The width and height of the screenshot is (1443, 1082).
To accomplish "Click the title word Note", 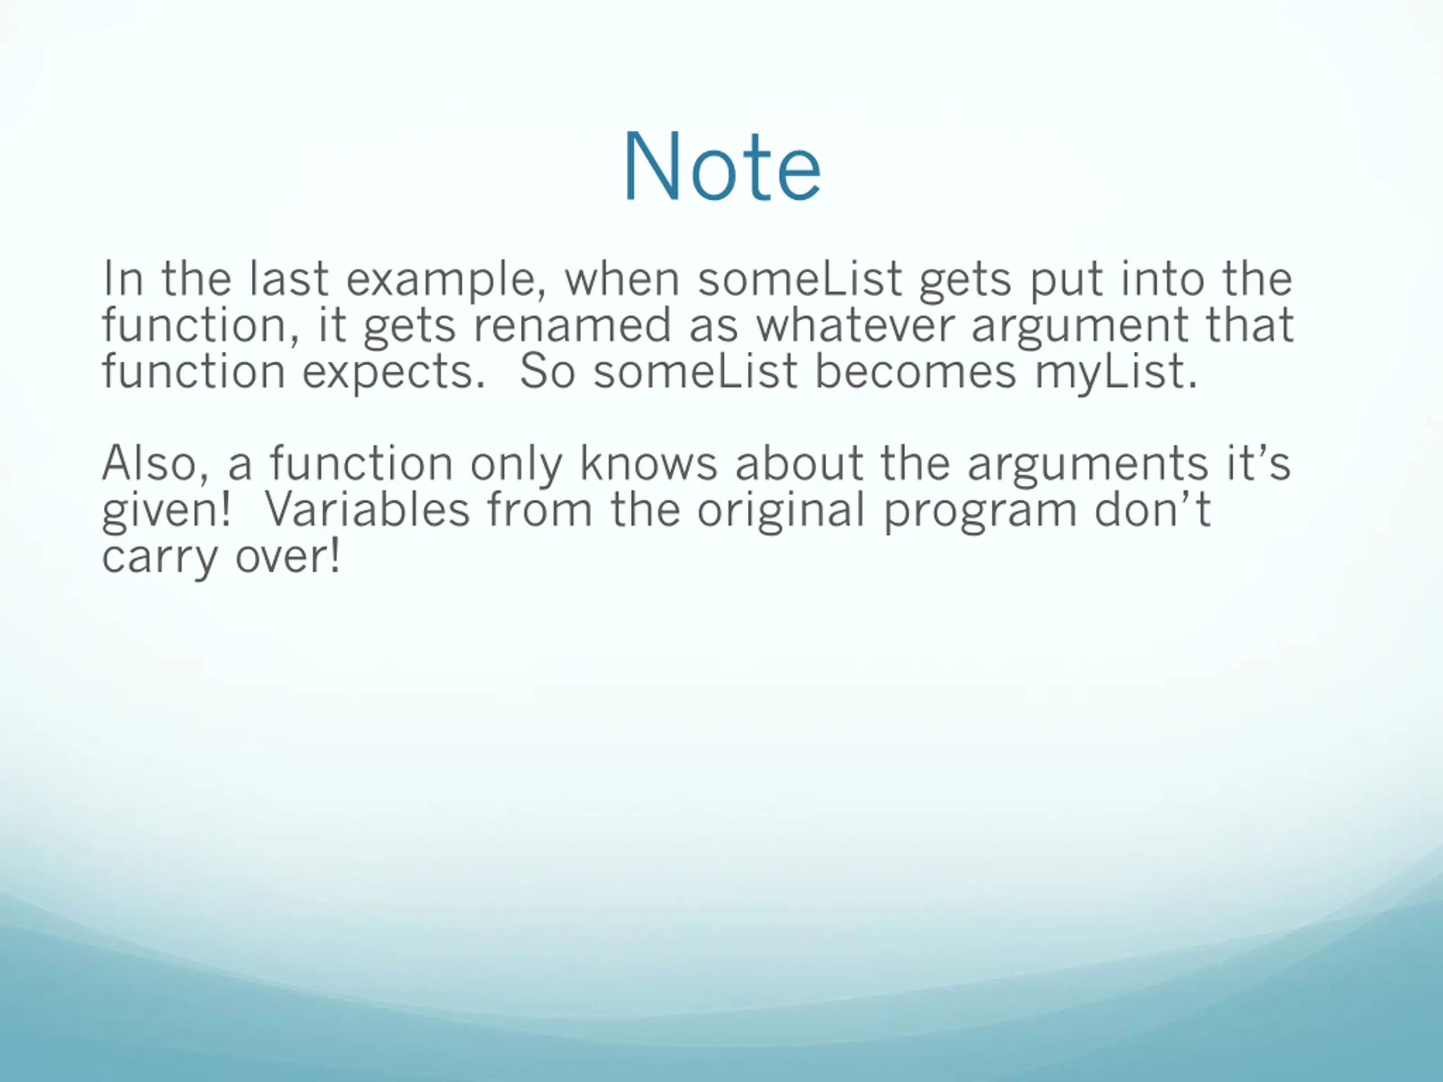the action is tap(722, 167).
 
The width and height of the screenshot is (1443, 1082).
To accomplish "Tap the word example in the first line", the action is tap(446, 280).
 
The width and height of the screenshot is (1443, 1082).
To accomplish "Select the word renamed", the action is tap(572, 325).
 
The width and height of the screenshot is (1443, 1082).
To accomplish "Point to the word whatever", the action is tap(855, 325).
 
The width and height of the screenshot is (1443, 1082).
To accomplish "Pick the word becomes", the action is tap(915, 371).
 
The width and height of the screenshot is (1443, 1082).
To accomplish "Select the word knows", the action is tap(648, 464).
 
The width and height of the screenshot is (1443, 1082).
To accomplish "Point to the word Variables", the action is tap(366, 509).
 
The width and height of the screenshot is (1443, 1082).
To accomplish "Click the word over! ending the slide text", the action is tap(287, 556).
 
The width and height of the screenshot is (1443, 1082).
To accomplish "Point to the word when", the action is tap(622, 278).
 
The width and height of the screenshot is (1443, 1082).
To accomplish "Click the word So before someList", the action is tap(547, 372).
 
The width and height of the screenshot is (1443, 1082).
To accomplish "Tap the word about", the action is tap(799, 464).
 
